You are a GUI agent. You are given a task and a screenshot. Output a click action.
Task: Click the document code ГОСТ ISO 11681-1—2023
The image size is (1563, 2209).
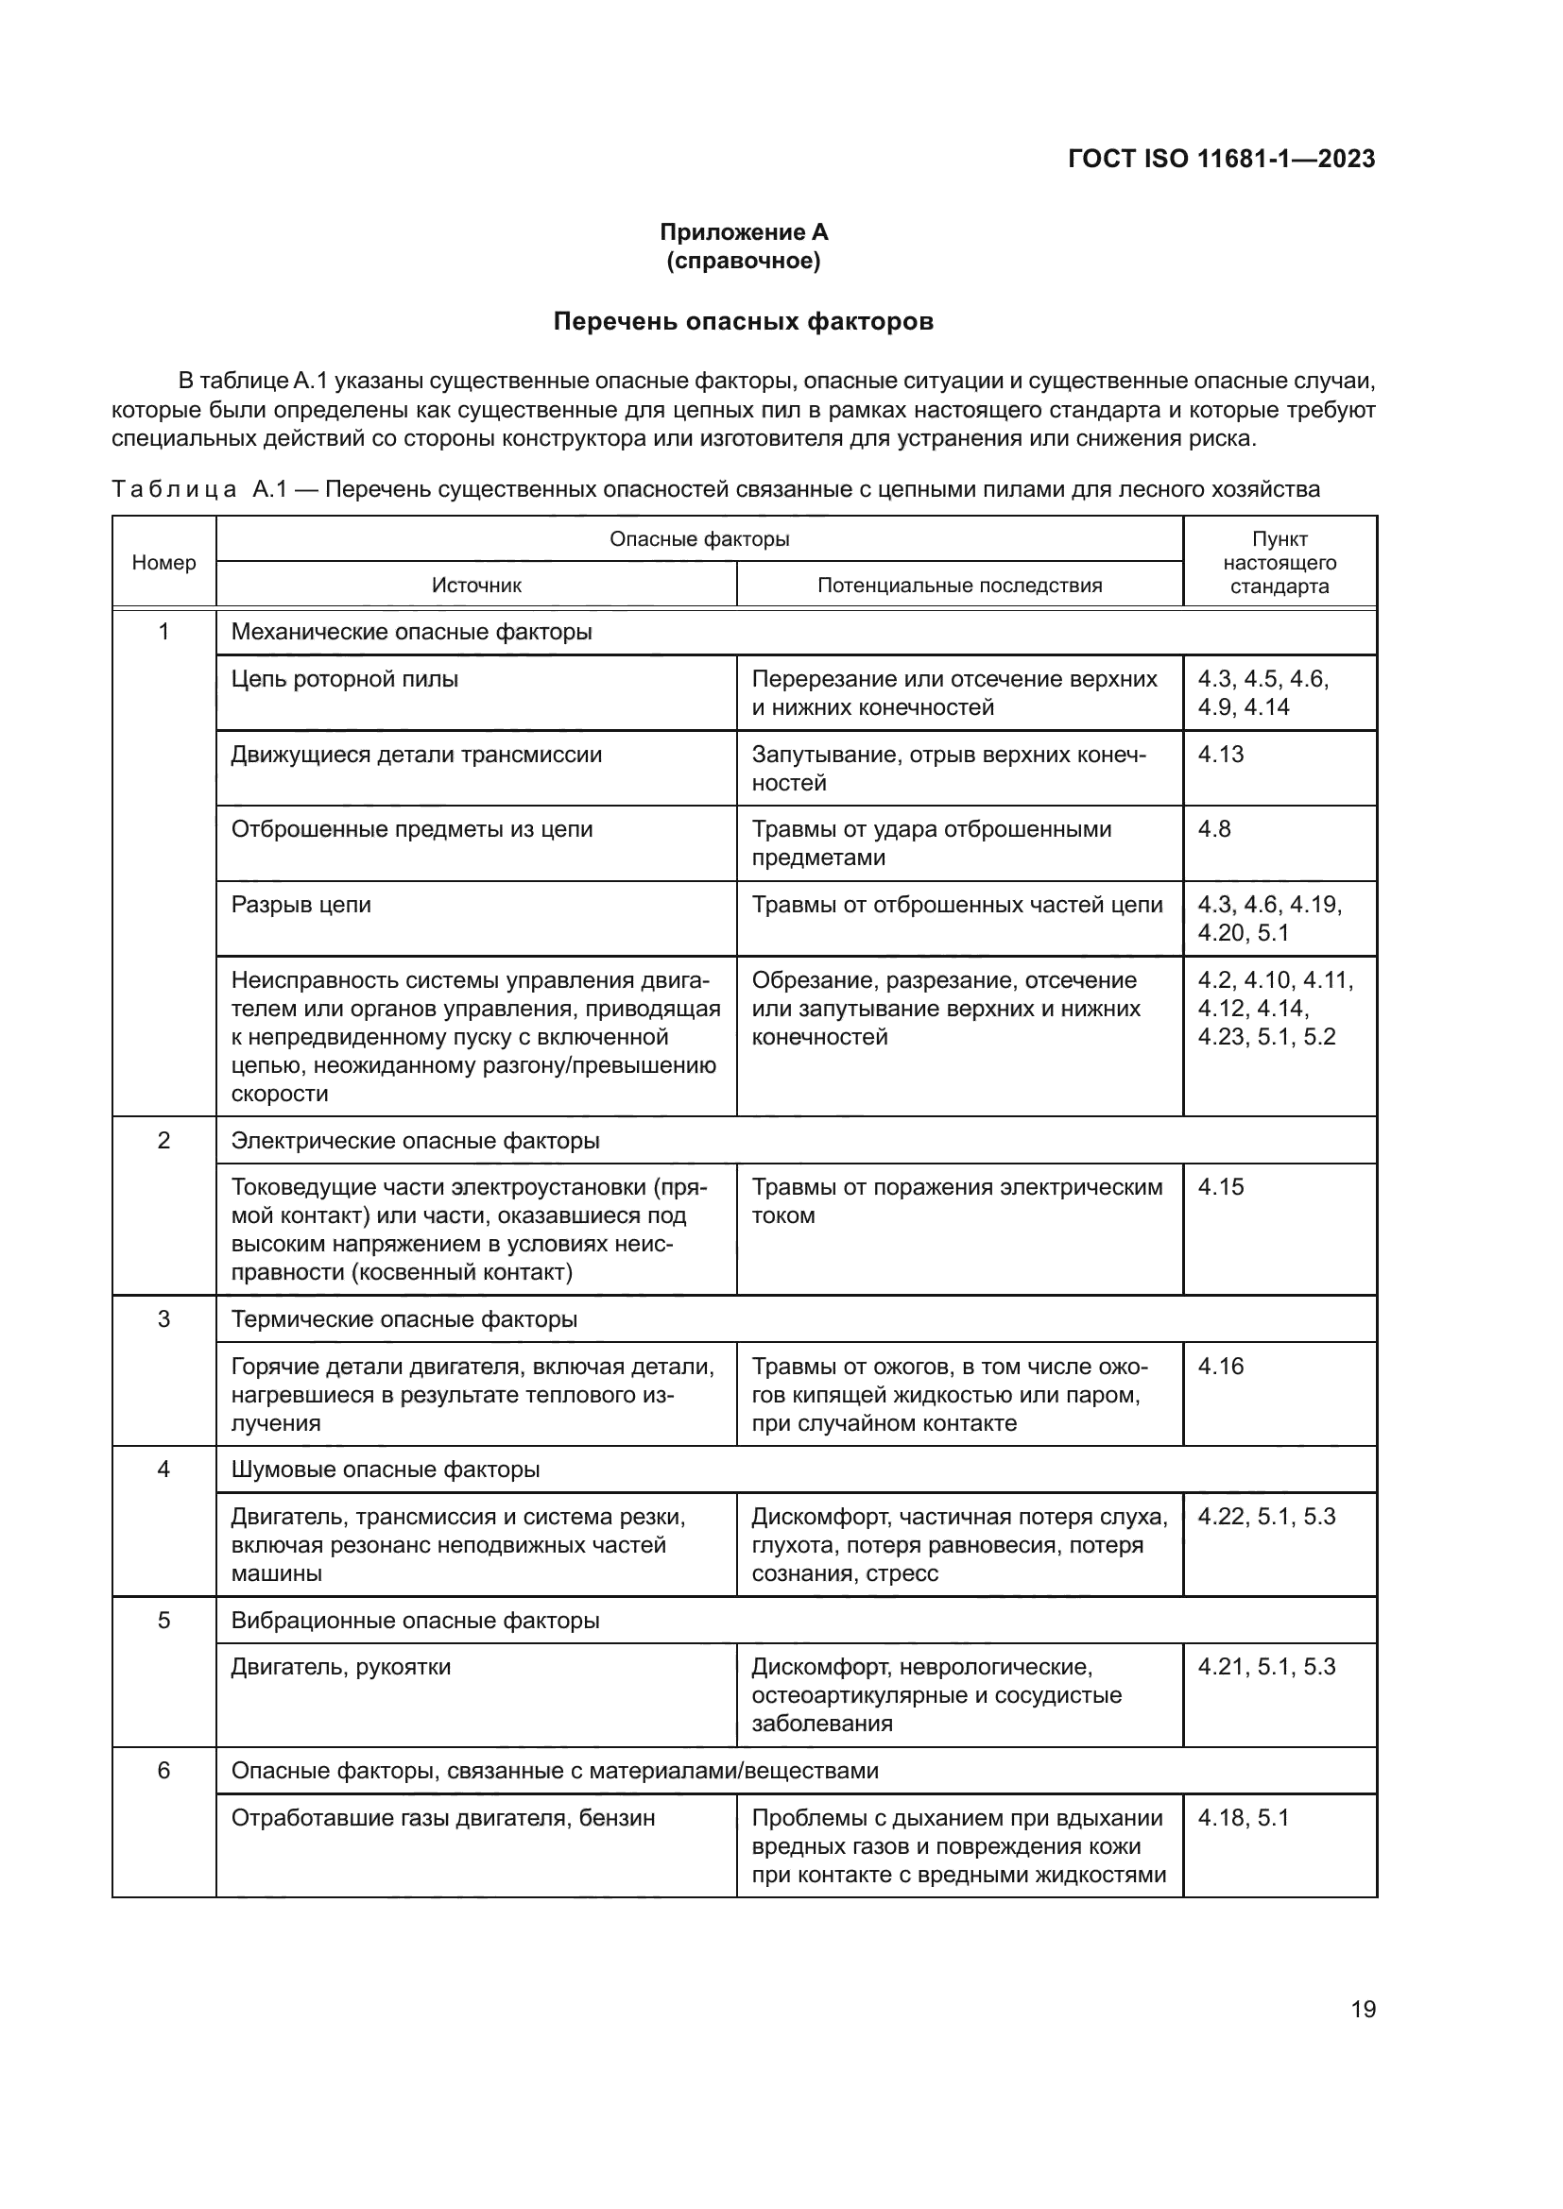tap(1220, 159)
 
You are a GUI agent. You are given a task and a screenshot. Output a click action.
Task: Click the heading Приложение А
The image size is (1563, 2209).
tap(743, 232)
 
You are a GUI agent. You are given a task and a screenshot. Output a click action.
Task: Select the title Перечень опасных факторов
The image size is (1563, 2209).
tap(743, 321)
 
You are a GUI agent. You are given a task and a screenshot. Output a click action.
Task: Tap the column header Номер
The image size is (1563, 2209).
tap(163, 562)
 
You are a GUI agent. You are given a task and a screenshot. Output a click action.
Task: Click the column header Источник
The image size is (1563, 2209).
tap(476, 585)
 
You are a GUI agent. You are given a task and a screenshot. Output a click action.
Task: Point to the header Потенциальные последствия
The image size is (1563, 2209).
tap(959, 585)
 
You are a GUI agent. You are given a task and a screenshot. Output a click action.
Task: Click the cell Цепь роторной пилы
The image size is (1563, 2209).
tap(345, 679)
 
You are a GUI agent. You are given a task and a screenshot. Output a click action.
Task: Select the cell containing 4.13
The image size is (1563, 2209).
tap(1220, 755)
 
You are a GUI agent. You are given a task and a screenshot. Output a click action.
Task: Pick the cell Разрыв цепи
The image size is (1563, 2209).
tap(301, 905)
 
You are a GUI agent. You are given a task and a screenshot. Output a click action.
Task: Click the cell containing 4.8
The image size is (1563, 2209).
tap(1213, 829)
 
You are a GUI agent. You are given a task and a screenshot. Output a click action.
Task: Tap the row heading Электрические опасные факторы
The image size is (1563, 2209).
tap(415, 1140)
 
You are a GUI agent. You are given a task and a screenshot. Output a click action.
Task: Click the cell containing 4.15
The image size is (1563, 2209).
tap(1220, 1187)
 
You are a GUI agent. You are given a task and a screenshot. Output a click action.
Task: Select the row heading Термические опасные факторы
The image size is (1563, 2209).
tap(404, 1319)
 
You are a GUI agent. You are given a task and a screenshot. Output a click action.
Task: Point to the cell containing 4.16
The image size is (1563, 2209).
tap(1220, 1367)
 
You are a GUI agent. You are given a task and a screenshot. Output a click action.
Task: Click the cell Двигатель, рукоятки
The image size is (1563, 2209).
tap(341, 1667)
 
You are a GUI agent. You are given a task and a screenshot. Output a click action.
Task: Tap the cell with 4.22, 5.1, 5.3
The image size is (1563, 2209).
tap(1266, 1518)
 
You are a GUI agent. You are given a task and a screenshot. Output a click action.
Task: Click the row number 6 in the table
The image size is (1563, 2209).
tap(163, 1770)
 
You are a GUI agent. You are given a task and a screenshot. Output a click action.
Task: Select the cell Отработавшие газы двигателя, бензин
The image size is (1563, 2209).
tap(442, 1818)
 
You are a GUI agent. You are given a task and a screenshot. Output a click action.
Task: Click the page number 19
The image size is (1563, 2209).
tap(1363, 2009)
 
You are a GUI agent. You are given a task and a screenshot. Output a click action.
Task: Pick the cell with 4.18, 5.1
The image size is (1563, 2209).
tap(1243, 1818)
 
